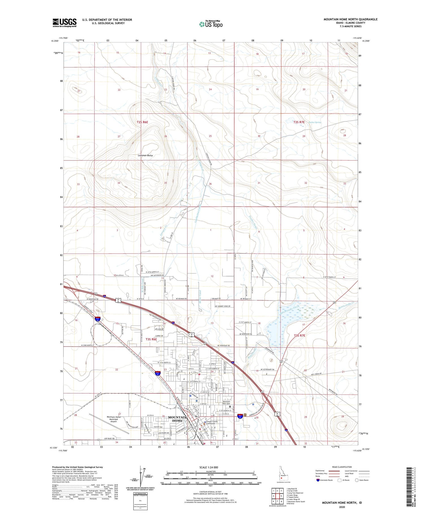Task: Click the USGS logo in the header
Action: pyautogui.click(x=64, y=23)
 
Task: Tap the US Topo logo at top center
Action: pyautogui.click(x=211, y=24)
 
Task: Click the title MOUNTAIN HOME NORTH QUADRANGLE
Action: pyautogui.click(x=350, y=19)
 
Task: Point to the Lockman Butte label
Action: pyautogui.click(x=145, y=155)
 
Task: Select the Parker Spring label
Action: pyautogui.click(x=315, y=122)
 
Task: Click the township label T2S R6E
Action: pyautogui.click(x=142, y=122)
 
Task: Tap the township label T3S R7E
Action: pyautogui.click(x=300, y=335)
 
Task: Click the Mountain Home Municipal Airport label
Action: pyautogui.click(x=114, y=419)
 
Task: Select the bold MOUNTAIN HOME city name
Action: pyautogui.click(x=177, y=419)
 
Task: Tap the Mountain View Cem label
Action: pyautogui.click(x=226, y=403)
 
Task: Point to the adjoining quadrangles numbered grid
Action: pyautogui.click(x=277, y=496)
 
